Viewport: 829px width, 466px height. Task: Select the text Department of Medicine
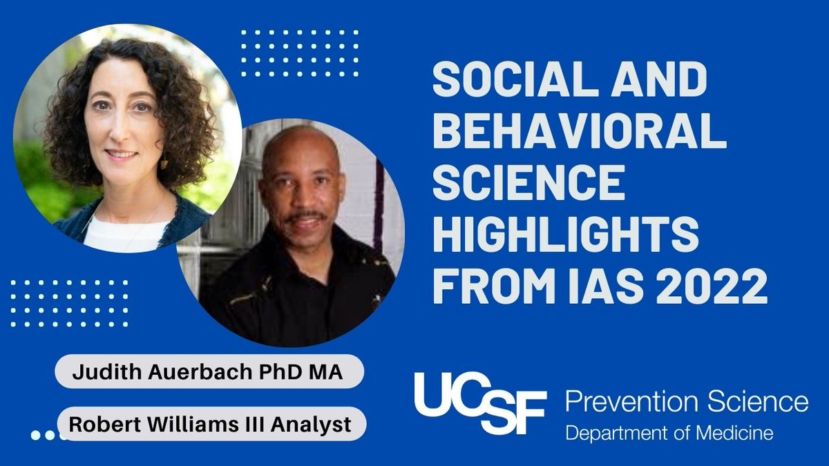pyautogui.click(x=669, y=434)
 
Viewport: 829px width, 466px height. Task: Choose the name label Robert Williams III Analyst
pyautogui.click(x=209, y=424)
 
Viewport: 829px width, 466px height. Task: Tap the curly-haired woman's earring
pyautogui.click(x=164, y=163)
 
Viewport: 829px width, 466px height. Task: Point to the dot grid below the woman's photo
pyautogui.click(x=69, y=303)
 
